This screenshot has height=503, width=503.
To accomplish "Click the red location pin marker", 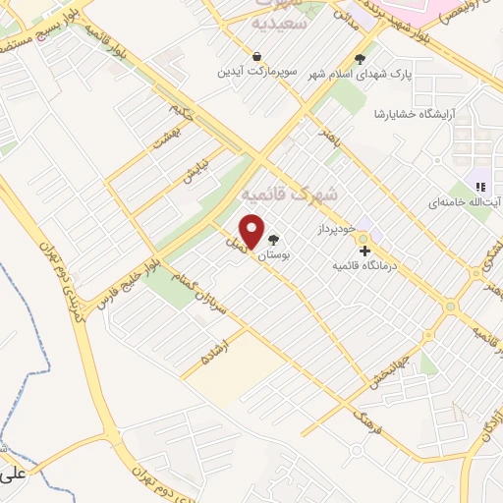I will point(252,231).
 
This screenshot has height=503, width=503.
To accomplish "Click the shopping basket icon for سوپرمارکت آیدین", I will point(256,57).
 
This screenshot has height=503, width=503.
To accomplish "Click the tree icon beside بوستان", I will point(274,239).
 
